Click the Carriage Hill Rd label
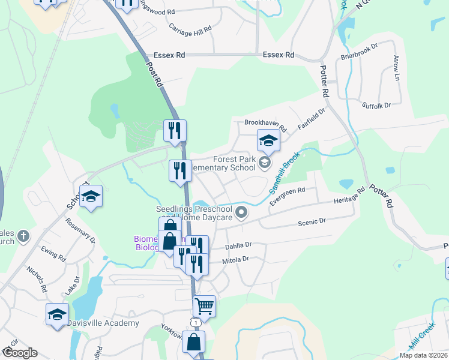point(191,29)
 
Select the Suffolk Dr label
point(376,105)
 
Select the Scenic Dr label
point(312,221)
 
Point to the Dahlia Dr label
point(238,245)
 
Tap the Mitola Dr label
point(235,260)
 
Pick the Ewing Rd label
point(53,253)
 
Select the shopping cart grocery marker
point(204,306)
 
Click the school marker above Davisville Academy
point(58,314)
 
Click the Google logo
point(19,353)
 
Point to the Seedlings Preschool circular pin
point(241,211)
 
